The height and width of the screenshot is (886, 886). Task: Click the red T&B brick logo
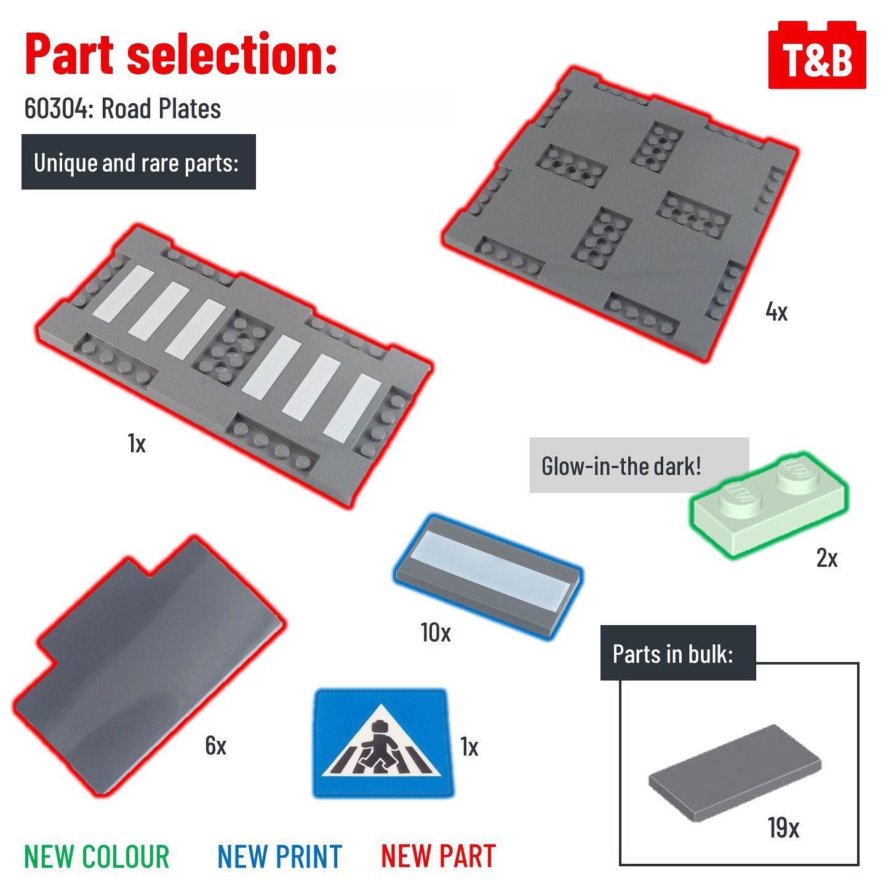816,55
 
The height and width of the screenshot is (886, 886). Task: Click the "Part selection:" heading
181,54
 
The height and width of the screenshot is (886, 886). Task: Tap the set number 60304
58,108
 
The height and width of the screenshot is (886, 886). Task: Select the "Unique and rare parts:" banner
138,162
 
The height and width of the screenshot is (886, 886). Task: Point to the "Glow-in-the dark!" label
621,466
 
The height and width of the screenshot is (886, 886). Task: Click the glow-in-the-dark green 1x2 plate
768,505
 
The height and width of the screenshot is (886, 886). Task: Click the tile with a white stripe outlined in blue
489,577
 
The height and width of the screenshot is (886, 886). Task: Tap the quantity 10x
436,633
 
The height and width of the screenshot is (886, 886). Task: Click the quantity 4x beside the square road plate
776,312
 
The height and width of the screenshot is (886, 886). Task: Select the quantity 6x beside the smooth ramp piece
215,745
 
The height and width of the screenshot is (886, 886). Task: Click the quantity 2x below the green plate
827,558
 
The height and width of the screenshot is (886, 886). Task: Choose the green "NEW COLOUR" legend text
97,856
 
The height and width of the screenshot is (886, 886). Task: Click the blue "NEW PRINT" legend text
279,856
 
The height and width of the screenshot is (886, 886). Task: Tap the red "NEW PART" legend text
438,856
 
